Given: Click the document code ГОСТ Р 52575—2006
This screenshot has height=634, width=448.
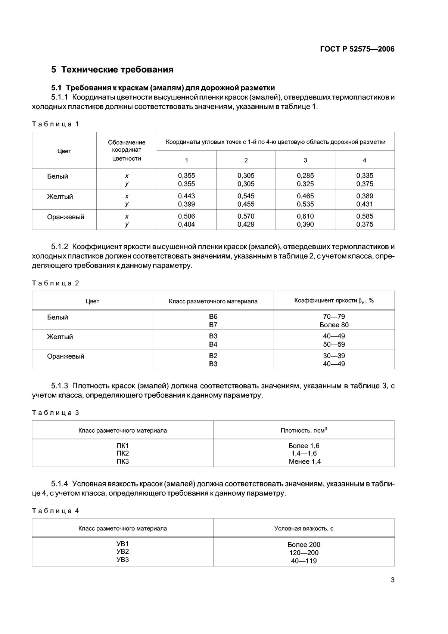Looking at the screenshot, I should [357, 49].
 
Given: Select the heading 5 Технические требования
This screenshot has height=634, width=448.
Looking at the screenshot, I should [112, 69].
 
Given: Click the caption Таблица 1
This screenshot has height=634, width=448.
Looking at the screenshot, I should [56, 124].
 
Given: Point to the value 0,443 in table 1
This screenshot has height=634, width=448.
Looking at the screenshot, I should [186, 196].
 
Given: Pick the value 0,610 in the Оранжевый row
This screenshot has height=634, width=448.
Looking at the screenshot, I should [305, 216].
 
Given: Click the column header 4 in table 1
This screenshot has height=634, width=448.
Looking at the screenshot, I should [364, 160].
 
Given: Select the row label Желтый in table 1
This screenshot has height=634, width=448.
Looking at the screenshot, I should [60, 197].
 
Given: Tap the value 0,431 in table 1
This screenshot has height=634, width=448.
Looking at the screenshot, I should [364, 204].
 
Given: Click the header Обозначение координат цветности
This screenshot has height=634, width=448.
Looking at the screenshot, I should [127, 150].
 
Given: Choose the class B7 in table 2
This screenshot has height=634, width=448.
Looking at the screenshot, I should [213, 325].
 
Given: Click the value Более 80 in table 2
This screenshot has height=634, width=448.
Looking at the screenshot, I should [334, 325].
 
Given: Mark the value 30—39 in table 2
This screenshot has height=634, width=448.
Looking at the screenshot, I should [334, 356].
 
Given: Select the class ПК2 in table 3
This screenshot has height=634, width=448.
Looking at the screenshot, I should [122, 453].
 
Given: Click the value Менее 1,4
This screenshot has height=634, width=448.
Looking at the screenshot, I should [304, 461].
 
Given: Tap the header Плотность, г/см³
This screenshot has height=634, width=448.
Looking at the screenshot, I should [304, 430].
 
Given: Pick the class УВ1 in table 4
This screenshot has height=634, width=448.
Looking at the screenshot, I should [122, 544].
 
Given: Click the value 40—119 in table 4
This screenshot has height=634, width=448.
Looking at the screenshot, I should [304, 560].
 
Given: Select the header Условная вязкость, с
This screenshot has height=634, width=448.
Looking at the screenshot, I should [304, 528].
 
